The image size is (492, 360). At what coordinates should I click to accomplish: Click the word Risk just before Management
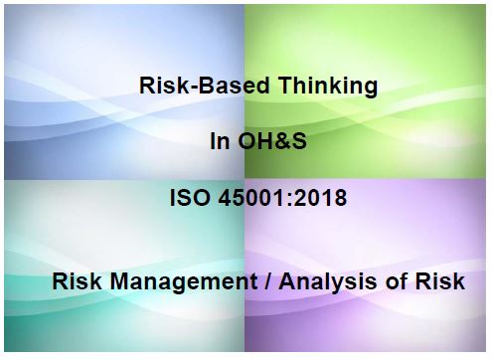coord(75,282)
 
